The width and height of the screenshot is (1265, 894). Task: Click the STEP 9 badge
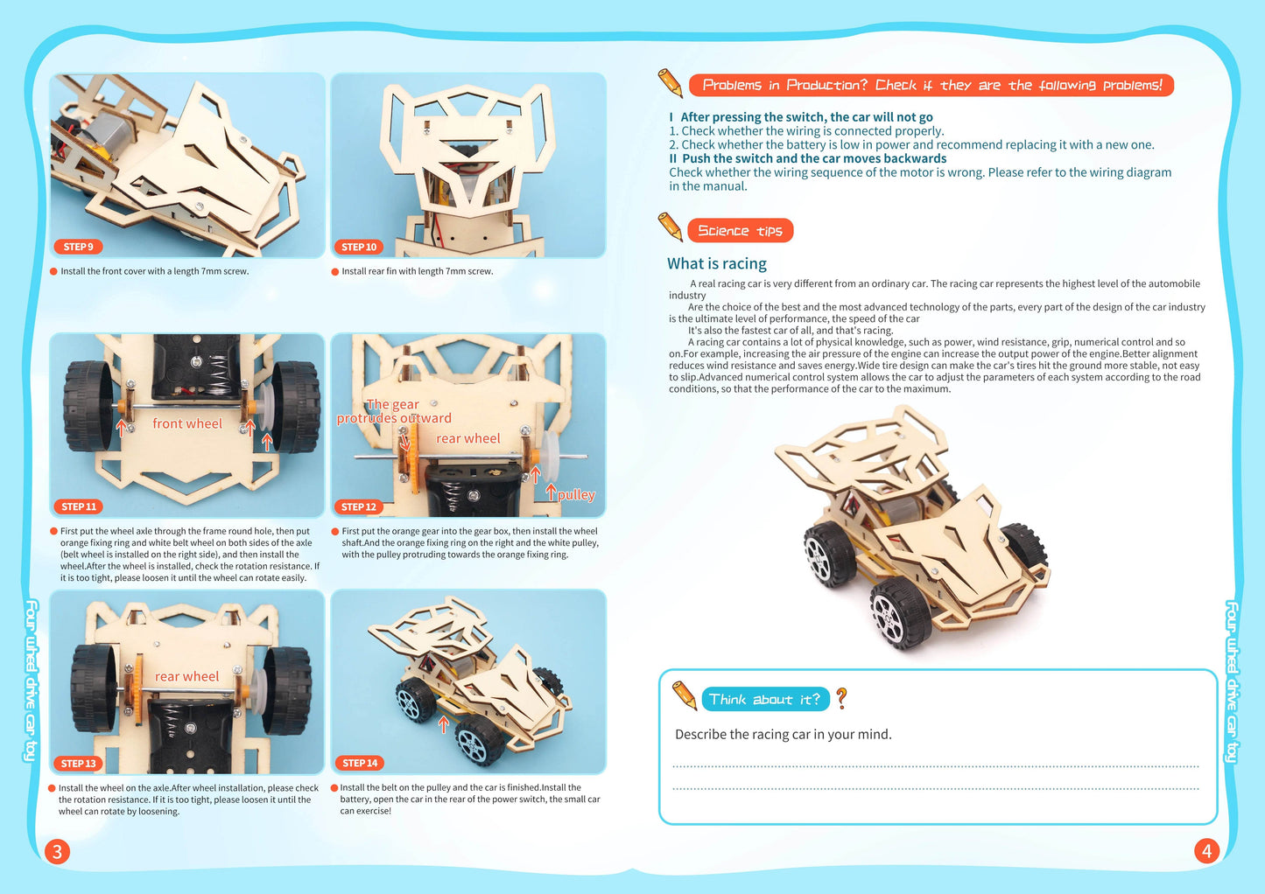pyautogui.click(x=78, y=247)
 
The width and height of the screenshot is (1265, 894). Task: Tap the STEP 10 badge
pyautogui.click(x=359, y=247)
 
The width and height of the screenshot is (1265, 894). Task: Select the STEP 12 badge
pyautogui.click(x=359, y=506)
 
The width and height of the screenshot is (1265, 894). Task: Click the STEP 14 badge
pyautogui.click(x=360, y=763)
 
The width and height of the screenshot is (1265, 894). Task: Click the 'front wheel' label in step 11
pyautogui.click(x=187, y=423)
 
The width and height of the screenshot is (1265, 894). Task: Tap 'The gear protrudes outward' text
pyautogui.click(x=394, y=411)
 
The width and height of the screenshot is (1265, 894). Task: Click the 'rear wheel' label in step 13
pyautogui.click(x=186, y=676)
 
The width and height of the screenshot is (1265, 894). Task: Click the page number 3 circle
pyautogui.click(x=57, y=851)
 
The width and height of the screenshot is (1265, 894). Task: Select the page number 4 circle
pyautogui.click(x=1206, y=850)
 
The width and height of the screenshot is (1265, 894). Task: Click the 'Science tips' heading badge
pyautogui.click(x=740, y=231)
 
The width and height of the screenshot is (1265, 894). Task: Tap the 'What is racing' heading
pyautogui.click(x=716, y=263)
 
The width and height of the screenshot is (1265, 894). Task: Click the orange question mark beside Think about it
pyautogui.click(x=841, y=698)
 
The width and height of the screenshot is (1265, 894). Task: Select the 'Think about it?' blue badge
pyautogui.click(x=764, y=699)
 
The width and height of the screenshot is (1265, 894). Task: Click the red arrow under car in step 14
pyautogui.click(x=444, y=724)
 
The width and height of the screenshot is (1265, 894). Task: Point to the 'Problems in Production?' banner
pyautogui.click(x=931, y=85)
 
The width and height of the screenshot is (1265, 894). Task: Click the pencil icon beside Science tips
pyautogui.click(x=671, y=227)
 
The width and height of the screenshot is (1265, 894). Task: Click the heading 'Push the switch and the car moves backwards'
pyautogui.click(x=813, y=158)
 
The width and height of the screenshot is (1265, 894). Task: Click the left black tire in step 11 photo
pyautogui.click(x=88, y=405)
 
